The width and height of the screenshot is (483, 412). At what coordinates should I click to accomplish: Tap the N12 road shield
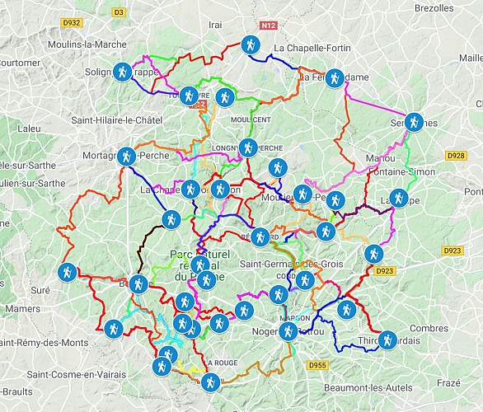pos(266,26)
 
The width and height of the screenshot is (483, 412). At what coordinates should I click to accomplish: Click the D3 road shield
pos(118,12)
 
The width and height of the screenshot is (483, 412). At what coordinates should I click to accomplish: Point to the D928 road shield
pos(455,155)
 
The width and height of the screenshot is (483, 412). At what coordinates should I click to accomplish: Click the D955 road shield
pos(317,364)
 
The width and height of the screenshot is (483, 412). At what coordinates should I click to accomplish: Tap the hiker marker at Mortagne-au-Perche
pos(126,155)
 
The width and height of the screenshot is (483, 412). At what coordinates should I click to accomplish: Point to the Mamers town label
pos(21,309)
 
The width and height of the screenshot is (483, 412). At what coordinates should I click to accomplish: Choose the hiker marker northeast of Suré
pos(67,271)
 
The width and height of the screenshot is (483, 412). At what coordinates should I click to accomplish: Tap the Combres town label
pos(429,328)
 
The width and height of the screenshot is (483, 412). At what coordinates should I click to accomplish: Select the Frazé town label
pos(449,383)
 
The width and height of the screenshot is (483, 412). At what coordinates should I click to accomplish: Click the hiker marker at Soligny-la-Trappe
pos(122,73)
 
